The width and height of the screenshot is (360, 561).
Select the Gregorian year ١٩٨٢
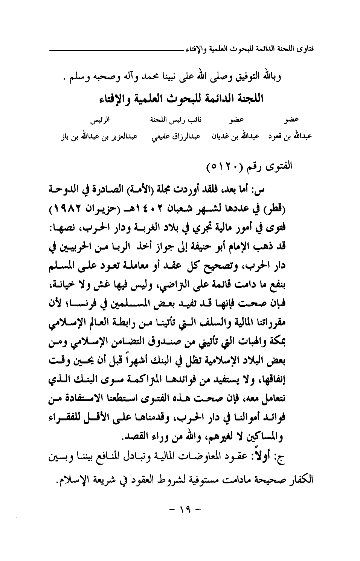click(69, 208)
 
